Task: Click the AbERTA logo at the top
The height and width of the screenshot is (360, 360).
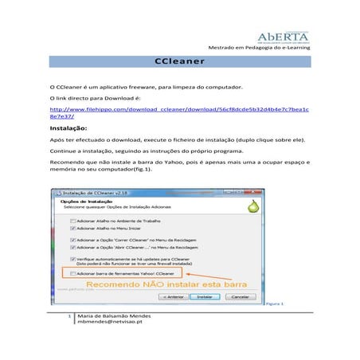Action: point(283,37)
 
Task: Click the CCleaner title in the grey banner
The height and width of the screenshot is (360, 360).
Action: point(179,61)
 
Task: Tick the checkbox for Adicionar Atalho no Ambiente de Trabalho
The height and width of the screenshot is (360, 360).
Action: point(73,221)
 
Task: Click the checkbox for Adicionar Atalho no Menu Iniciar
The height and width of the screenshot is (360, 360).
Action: point(73,228)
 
